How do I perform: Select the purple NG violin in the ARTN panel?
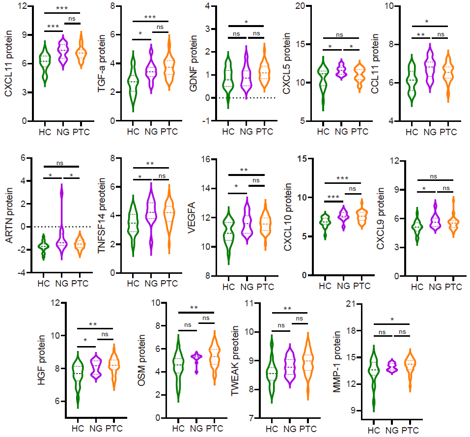coord(61,231)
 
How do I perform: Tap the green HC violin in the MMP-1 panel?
coord(374,379)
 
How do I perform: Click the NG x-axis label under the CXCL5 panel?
coord(342,132)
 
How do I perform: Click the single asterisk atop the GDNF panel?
coord(246,22)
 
